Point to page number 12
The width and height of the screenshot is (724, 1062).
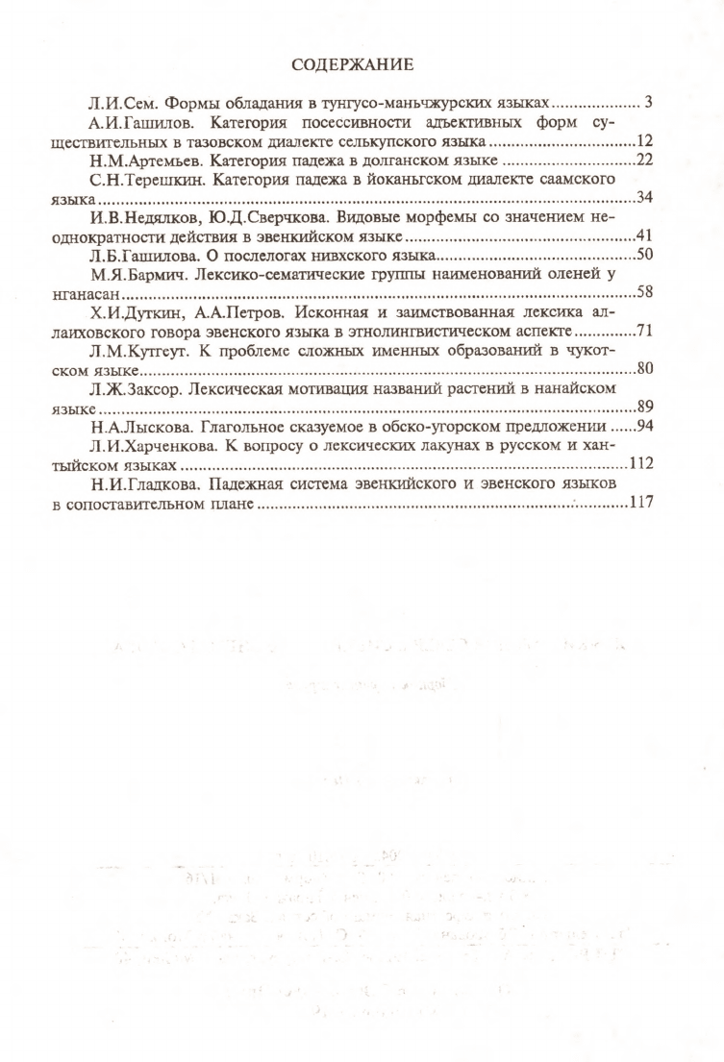pos(644,141)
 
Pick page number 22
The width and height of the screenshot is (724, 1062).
pos(644,161)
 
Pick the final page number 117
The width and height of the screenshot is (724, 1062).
pos(640,503)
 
